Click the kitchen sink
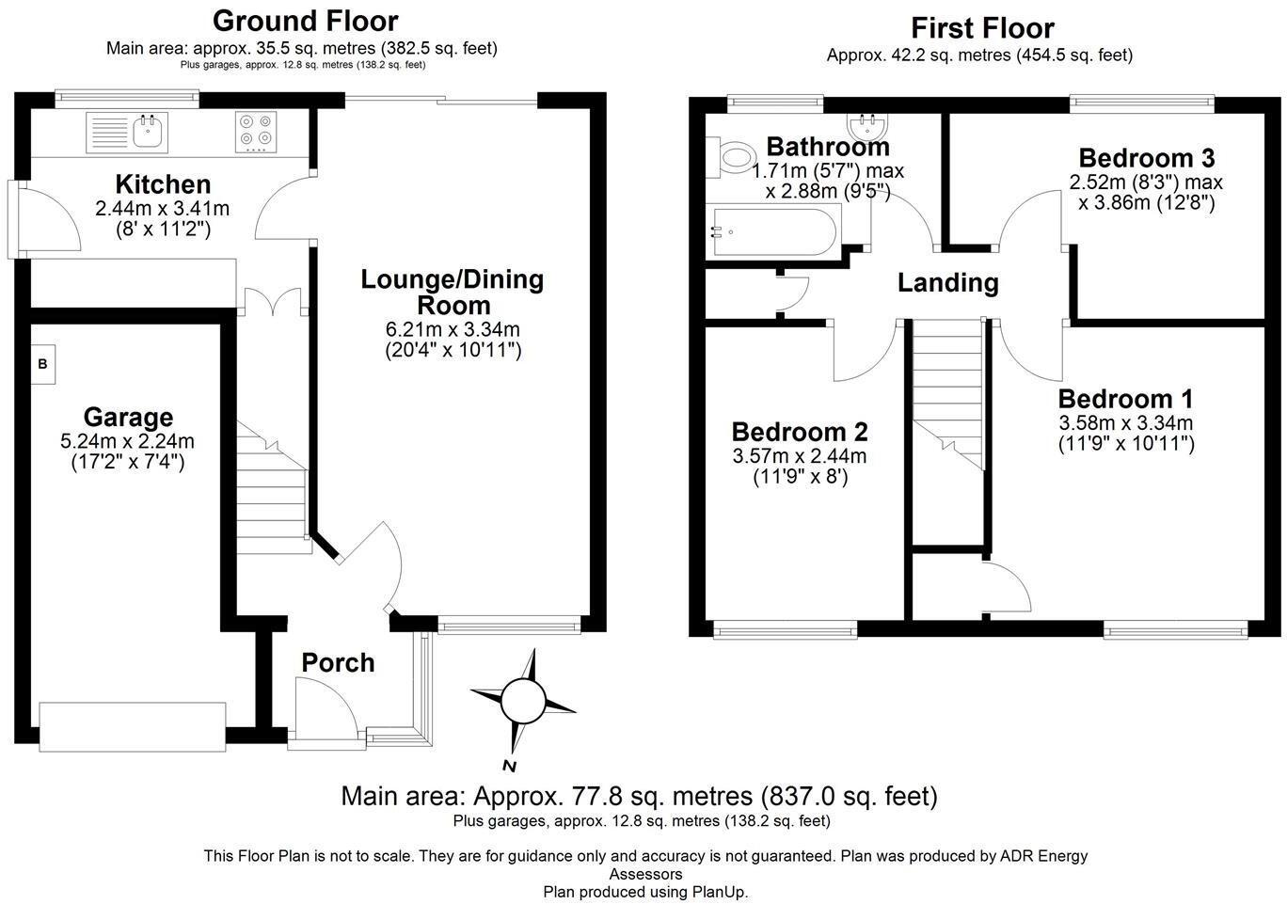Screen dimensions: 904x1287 [127, 132]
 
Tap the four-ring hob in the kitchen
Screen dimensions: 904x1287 [256, 132]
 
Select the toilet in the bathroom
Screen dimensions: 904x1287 [737, 157]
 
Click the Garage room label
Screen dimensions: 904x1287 [128, 417]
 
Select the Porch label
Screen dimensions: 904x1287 [338, 663]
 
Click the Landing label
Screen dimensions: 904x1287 [947, 282]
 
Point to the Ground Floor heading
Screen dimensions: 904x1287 [305, 21]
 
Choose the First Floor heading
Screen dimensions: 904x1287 [982, 28]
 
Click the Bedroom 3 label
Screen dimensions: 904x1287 [1146, 157]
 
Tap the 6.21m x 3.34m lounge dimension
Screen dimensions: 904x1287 [453, 329]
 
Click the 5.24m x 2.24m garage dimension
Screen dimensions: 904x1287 [128, 441]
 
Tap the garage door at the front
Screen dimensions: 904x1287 [133, 726]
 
